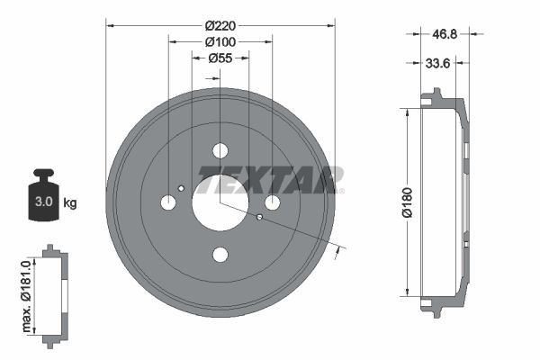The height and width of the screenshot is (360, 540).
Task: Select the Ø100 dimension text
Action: coord(220,41)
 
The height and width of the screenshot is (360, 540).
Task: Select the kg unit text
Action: coord(70,202)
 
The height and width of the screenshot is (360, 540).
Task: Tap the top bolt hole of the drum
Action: coord(220,151)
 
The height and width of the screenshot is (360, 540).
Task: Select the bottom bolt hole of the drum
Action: coord(220,255)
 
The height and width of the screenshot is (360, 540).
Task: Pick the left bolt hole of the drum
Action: coord(168,202)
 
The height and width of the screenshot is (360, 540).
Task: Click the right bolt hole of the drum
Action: coord(272,202)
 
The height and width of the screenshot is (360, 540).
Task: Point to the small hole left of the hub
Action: coord(181,188)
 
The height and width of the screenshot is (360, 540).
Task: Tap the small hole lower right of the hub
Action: coord(259,217)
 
